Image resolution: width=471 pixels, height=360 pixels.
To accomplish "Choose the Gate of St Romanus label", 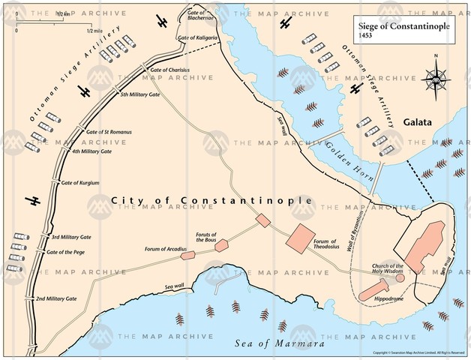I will coord(109,132).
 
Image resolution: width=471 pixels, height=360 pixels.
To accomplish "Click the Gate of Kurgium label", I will coord(80,182).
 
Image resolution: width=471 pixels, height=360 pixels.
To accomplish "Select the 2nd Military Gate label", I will coord(56,298).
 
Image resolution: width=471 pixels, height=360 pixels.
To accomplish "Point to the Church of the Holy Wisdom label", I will coord(386,269).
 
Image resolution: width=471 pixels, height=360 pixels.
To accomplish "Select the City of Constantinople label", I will coord(211,201).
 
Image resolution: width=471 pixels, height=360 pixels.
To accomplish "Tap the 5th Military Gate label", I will coord(139,96).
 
